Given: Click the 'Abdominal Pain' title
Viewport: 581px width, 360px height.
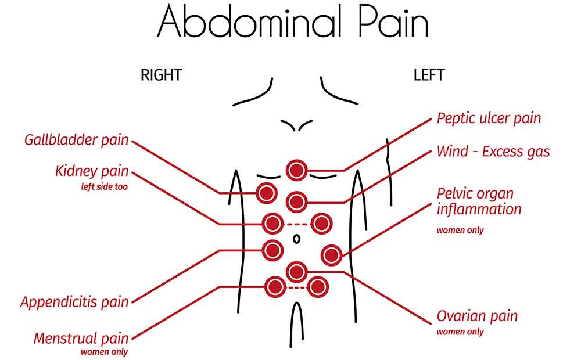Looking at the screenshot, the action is pos(293,22).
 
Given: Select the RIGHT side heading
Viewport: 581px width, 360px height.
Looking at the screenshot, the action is pos(161,75).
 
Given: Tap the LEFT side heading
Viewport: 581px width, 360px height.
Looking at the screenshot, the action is pos(429,75).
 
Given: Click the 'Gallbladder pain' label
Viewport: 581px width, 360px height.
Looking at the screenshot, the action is pos(76,140).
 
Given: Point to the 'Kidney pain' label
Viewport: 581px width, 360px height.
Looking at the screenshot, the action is pos(92,171).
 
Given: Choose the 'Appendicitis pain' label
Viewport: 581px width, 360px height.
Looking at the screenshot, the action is pos(74,302).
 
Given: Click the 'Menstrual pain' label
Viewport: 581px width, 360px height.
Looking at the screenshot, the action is pos(81,338).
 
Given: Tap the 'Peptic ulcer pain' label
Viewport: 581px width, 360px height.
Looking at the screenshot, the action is pos(489,118).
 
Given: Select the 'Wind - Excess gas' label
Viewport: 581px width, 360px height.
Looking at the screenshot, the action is pos(493,152).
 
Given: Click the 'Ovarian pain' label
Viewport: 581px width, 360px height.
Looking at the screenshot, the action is pos(477,316).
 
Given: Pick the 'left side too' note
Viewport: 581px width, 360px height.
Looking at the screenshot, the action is pos(105,186).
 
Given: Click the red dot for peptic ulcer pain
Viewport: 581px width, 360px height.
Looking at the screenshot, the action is pos(296,170).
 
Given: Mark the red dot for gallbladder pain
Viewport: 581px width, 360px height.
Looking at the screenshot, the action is pos(267,193).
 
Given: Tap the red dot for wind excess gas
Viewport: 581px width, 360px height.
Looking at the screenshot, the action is pos(296,202).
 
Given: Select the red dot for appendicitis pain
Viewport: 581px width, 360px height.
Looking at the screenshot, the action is pos(272,250).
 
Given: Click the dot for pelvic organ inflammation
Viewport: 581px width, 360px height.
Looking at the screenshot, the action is pos(331,255).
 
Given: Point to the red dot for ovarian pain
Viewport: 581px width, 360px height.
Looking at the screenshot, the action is pos(296,272).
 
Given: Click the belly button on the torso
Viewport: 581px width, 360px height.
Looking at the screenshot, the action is pos(296,239).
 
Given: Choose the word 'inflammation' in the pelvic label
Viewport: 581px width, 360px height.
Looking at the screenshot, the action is pos(479,210).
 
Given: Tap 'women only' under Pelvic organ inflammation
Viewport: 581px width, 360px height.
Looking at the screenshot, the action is pos(460,231).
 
